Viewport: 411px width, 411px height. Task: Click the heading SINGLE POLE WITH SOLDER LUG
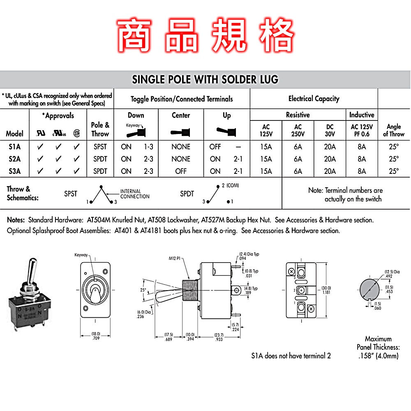(205, 79)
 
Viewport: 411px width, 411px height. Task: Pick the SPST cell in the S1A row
(100, 147)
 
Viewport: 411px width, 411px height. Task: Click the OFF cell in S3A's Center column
(181, 171)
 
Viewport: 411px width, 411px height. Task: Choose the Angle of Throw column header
(393, 130)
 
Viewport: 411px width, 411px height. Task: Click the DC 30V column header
(330, 130)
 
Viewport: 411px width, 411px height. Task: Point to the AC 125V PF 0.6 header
(361, 130)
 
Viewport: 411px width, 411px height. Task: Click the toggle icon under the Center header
(181, 132)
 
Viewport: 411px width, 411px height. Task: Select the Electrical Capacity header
(314, 99)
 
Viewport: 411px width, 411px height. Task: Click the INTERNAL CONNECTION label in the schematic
(135, 194)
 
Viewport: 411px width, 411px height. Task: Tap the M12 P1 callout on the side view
(175, 259)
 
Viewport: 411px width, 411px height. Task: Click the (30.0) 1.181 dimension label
(326, 290)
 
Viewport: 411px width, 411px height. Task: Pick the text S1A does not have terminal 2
(291, 356)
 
